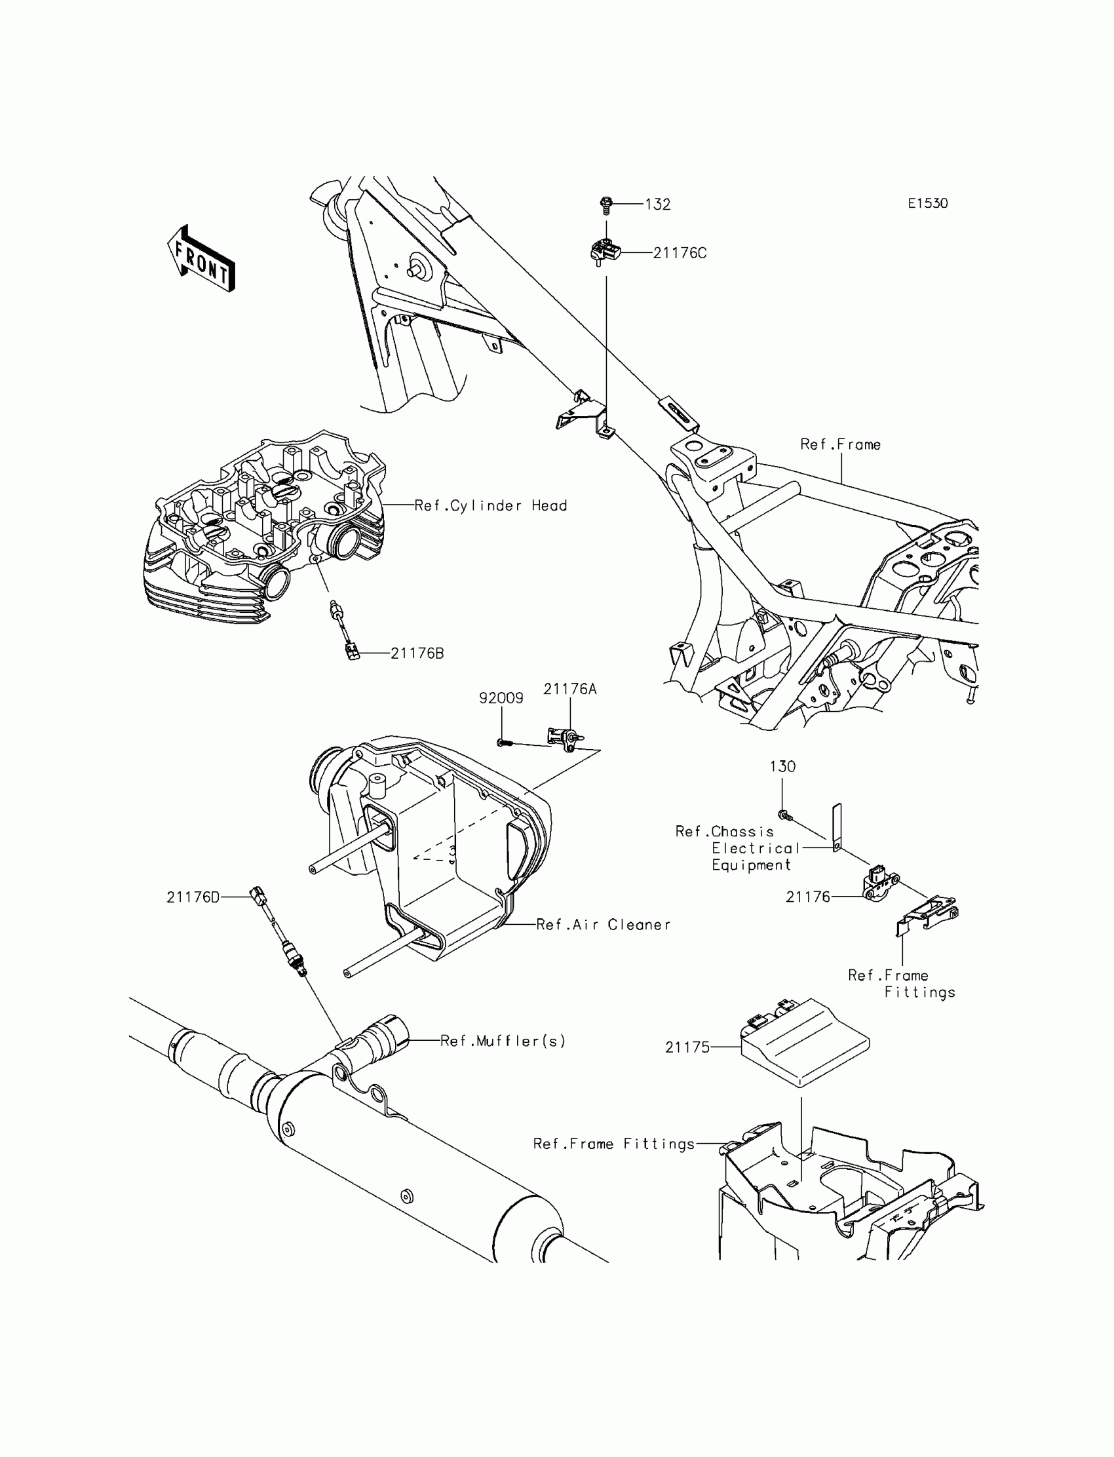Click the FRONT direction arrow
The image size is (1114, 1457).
(x=201, y=260)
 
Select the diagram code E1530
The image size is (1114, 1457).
(x=928, y=204)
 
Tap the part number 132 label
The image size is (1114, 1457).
(x=658, y=204)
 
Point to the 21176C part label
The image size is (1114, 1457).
(x=680, y=253)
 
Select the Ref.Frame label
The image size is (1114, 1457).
(x=840, y=444)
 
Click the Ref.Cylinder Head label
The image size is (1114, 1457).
(x=491, y=505)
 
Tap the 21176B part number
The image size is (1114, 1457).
(x=417, y=653)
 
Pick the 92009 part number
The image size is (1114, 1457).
(x=501, y=697)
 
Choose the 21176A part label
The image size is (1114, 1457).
(x=569, y=689)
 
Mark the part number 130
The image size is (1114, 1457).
(x=782, y=766)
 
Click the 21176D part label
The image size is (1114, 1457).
(x=193, y=897)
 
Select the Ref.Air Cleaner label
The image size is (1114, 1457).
(x=604, y=924)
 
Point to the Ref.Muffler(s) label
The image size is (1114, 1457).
(x=503, y=1041)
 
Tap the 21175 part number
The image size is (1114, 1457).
(x=687, y=1047)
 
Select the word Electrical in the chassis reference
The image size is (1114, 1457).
(x=756, y=848)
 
